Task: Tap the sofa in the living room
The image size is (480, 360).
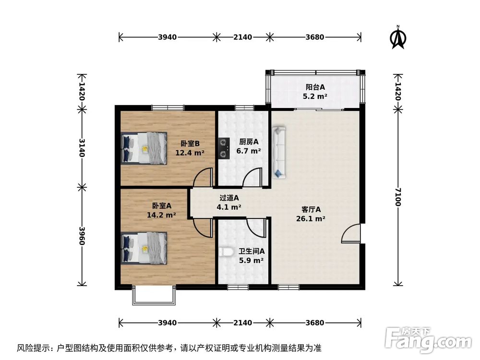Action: [x=278, y=152]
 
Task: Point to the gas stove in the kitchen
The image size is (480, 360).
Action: [x=223, y=148]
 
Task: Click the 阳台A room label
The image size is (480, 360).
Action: [x=316, y=87]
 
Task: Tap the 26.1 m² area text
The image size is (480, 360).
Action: [x=314, y=218]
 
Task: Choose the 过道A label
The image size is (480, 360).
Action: [x=229, y=198]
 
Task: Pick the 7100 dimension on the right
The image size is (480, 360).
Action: [x=397, y=197]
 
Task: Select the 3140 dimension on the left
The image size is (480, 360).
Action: [x=82, y=147]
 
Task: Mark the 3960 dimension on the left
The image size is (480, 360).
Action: [x=82, y=236]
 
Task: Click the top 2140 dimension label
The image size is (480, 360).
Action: [x=242, y=37]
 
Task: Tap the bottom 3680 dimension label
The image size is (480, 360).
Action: [x=315, y=323]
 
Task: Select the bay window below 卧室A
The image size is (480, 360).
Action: [x=152, y=295]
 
